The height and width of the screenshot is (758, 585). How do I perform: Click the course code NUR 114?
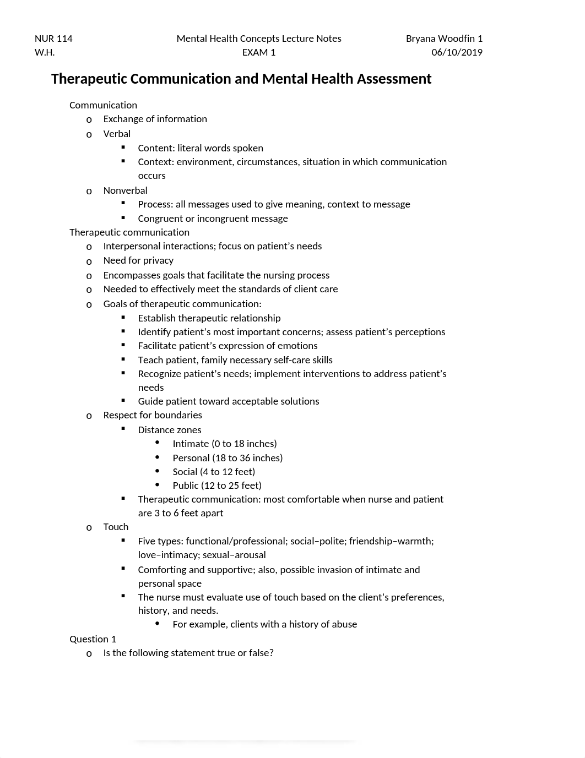53,39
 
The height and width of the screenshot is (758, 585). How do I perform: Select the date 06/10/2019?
457,52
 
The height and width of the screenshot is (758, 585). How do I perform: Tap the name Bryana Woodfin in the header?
441,39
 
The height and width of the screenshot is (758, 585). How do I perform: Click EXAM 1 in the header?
259,52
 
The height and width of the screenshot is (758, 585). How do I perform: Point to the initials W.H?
45,52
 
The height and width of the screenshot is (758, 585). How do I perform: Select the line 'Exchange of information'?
155,119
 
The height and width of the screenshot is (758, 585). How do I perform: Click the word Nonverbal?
125,190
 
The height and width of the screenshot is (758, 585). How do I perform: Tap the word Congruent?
160,219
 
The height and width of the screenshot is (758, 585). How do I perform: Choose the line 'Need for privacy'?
138,260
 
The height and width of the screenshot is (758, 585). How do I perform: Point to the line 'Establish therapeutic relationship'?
209,318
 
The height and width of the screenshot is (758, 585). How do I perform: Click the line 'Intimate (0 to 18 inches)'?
225,444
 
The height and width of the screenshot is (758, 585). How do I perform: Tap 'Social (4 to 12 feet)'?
214,472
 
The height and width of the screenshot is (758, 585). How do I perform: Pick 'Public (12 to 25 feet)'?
217,486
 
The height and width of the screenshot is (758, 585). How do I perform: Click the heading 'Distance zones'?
170,430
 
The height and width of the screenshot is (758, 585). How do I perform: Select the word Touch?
116,527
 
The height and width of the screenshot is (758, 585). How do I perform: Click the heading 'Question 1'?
93,639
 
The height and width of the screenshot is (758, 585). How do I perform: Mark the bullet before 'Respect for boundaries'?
89,416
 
